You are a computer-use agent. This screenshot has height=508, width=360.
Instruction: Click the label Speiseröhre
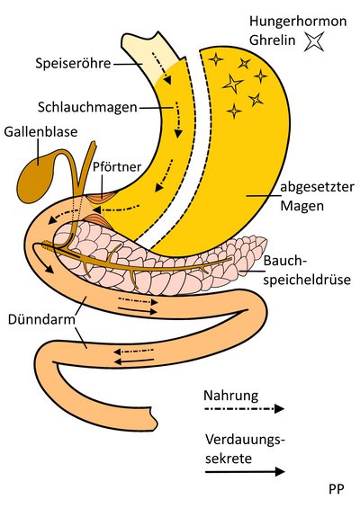click(73, 63)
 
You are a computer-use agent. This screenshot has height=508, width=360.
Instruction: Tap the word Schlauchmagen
click(87, 107)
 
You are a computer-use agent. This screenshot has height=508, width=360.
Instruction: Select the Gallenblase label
click(40, 132)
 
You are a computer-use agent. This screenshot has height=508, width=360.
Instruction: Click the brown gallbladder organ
click(37, 176)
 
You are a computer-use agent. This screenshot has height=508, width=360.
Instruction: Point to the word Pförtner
click(117, 166)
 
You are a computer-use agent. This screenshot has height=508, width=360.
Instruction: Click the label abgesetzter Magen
click(317, 196)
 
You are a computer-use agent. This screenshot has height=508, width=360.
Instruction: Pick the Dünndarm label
click(41, 319)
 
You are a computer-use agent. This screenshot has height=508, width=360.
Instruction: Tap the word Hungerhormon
click(298, 22)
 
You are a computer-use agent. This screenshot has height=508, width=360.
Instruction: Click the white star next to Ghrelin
click(314, 41)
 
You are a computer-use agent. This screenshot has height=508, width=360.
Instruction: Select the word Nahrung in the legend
click(231, 396)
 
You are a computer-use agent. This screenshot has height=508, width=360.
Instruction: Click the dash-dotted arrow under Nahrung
click(245, 408)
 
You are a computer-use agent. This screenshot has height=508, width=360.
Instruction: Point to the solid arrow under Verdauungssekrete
click(245, 471)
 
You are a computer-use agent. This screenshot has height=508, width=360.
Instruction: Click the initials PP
click(337, 489)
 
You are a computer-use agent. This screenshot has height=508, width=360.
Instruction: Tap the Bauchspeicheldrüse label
click(307, 271)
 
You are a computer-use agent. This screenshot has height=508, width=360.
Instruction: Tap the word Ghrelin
click(273, 40)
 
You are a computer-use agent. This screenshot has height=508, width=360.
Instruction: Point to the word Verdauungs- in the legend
click(245, 440)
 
